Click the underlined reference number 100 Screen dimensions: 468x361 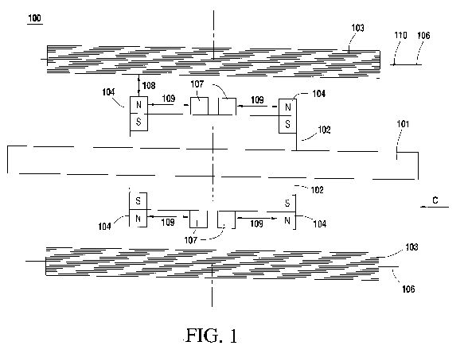tap(35, 18)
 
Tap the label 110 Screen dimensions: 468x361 tap(400, 36)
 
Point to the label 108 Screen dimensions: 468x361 tap(149, 86)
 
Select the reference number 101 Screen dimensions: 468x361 tap(403, 124)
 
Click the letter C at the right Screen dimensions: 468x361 tap(435, 200)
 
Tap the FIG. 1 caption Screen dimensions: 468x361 tap(212, 336)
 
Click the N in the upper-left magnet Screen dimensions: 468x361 tap(138, 105)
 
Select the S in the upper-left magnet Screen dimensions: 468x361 tap(138, 122)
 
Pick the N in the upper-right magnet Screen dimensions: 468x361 tap(288, 107)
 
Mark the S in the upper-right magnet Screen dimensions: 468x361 tap(287, 124)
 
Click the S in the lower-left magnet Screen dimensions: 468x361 tap(138, 200)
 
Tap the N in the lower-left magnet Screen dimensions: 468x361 tap(138, 219)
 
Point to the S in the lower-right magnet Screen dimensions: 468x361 tap(287, 204)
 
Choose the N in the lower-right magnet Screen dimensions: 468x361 tap(287, 220)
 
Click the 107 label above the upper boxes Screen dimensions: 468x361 tap(197, 84)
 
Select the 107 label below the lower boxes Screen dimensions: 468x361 tap(191, 240)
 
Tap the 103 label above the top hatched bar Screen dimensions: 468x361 tap(357, 28)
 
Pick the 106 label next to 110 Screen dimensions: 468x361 tap(423, 36)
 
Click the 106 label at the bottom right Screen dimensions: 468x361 tap(408, 289)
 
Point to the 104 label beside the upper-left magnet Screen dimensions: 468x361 tap(108, 92)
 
